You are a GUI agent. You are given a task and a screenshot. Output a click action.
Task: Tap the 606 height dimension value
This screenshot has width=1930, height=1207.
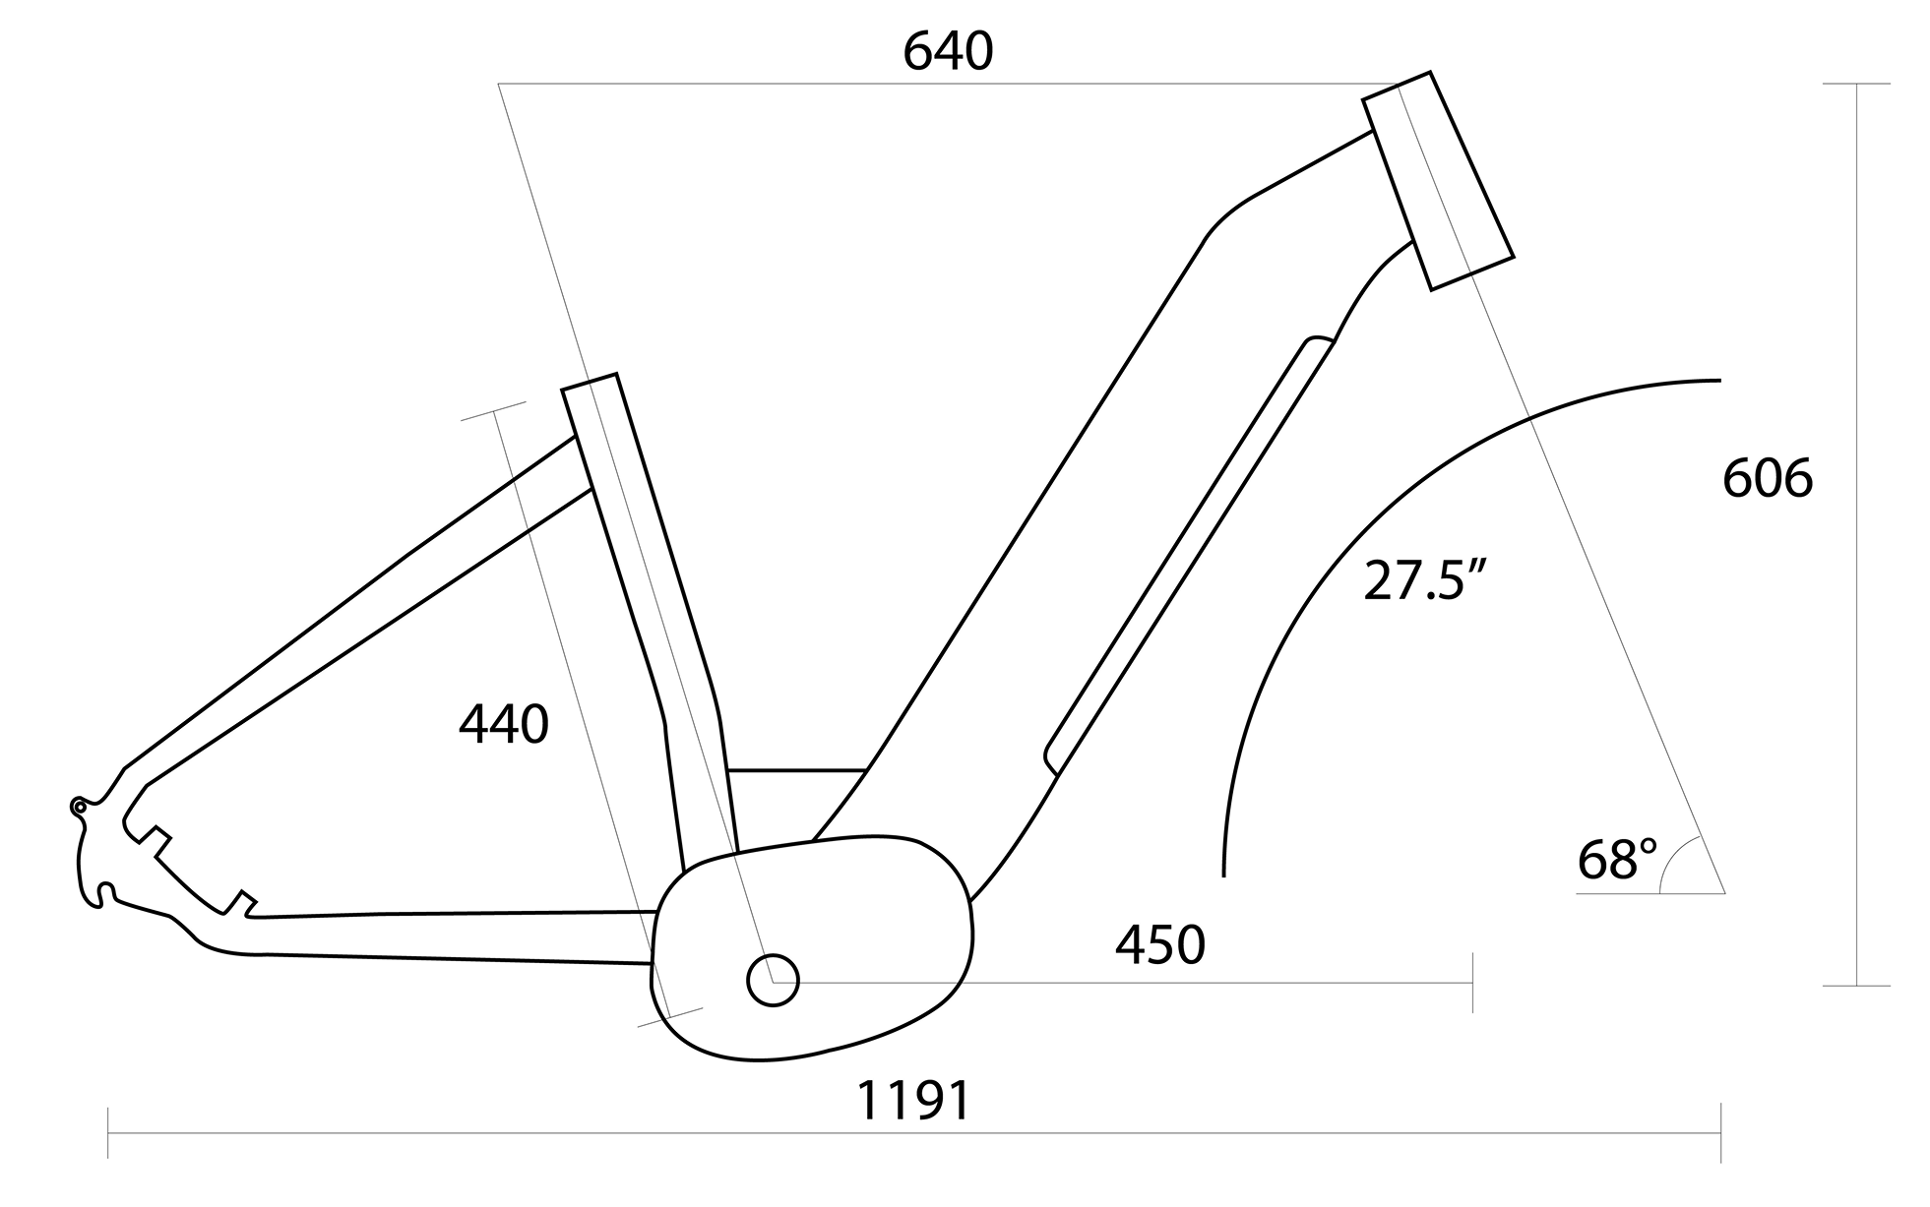coord(1768,479)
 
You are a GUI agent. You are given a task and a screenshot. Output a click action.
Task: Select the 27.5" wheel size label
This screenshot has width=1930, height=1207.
coord(1423,579)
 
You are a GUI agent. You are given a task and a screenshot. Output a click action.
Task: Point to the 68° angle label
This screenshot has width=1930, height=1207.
coord(1617,859)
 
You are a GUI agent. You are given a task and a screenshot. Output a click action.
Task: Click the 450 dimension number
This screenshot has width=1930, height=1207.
coord(1159,944)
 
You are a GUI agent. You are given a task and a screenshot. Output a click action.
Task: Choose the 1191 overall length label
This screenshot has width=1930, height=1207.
coord(913,1101)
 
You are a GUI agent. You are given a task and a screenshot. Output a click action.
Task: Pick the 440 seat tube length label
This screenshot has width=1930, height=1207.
coord(503,725)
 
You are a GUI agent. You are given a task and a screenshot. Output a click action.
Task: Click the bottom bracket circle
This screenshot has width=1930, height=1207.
coord(773,980)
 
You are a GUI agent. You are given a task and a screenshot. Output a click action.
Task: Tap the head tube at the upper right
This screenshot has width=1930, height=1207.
coord(1438,180)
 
